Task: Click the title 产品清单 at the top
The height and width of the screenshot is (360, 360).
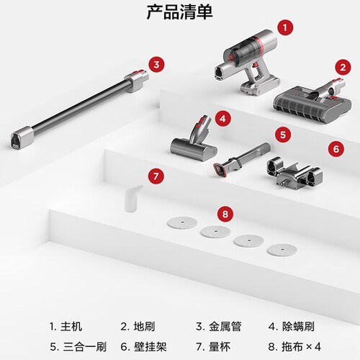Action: click(x=179, y=12)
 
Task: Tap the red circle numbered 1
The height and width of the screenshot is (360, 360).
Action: click(x=285, y=27)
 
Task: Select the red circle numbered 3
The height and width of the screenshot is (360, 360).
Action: click(x=156, y=64)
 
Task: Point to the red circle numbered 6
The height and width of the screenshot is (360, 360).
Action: click(x=336, y=149)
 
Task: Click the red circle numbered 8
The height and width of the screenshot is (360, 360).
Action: click(x=225, y=214)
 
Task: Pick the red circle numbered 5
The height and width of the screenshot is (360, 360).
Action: click(x=283, y=135)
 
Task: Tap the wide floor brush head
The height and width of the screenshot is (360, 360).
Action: click(x=312, y=103)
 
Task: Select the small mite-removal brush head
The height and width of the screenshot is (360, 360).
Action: click(x=194, y=142)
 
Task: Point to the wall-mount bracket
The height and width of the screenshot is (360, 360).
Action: click(x=294, y=174)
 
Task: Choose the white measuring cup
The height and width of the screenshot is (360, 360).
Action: click(x=132, y=199)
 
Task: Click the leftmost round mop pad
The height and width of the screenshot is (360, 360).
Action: click(x=182, y=222)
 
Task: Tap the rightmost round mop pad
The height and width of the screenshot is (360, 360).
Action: click(x=282, y=250)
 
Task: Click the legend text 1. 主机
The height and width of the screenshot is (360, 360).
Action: click(x=66, y=326)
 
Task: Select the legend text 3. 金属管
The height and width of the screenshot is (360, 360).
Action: click(x=219, y=326)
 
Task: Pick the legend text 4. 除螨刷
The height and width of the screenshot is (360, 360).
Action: click(x=292, y=326)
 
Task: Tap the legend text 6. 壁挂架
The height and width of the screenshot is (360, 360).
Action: click(x=143, y=346)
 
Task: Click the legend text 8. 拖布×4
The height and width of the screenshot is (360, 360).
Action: click(x=294, y=346)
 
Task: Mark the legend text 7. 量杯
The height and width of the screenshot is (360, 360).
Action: click(x=213, y=346)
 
